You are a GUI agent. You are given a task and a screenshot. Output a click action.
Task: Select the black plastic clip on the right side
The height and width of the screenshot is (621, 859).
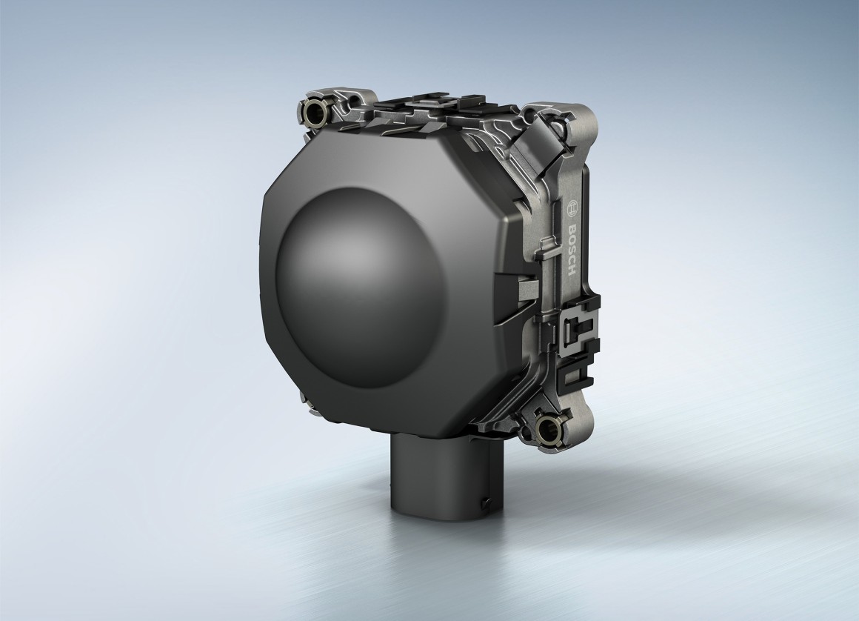(581, 330)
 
